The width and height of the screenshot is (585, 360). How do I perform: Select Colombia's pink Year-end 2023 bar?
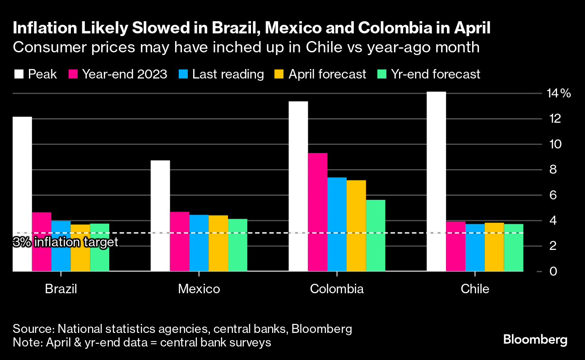[318, 212]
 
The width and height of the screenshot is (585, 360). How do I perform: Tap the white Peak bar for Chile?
[436, 180]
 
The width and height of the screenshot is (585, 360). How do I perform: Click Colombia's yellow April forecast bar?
[356, 226]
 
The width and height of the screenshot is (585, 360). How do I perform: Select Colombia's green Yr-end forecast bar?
[376, 235]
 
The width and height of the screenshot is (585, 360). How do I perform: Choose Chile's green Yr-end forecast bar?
[514, 248]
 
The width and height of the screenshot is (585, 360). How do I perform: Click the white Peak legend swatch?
[19, 74]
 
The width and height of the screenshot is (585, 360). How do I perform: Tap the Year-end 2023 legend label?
[125, 74]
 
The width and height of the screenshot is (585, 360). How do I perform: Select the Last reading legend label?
[228, 74]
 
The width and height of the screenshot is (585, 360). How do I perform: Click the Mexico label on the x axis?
[199, 289]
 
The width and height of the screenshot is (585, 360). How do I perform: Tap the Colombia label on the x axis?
[337, 289]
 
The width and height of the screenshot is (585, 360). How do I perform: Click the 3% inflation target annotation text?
[66, 243]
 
